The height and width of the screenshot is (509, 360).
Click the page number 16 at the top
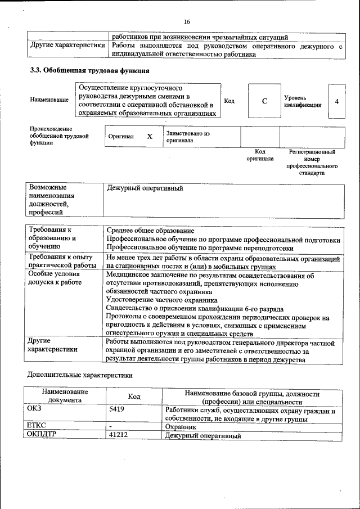187,21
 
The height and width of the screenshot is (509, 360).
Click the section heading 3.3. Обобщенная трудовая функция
89,71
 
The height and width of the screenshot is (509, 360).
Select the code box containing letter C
264,101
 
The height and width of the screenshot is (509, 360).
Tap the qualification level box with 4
336,101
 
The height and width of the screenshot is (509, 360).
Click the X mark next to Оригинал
150,137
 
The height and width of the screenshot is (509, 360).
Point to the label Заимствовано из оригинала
187,137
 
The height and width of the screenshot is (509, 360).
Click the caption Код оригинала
260,155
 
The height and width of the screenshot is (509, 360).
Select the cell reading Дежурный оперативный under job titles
145,188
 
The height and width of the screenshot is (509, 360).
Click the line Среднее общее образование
151,231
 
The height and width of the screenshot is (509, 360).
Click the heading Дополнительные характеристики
80,375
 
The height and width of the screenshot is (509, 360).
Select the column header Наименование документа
64,395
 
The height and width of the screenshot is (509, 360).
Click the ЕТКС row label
37,427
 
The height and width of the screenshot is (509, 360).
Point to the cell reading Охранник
181,427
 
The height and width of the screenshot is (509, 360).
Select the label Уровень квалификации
303,101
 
